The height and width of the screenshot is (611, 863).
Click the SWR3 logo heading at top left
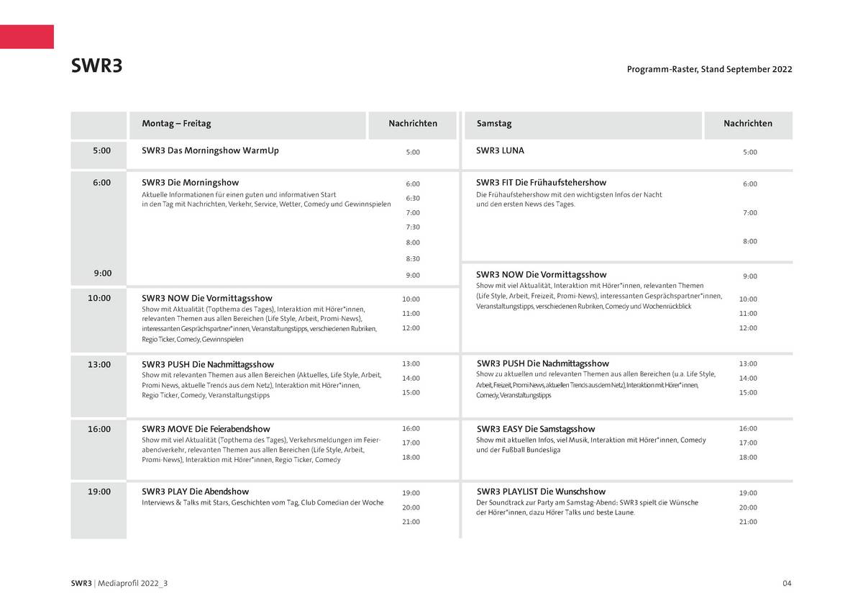[x=96, y=66]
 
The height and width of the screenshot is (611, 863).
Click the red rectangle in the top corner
[x=27, y=37]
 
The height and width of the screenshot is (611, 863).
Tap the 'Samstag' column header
[x=494, y=124]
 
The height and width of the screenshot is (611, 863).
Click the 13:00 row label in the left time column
[x=99, y=364]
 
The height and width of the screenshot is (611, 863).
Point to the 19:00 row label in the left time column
[x=99, y=492]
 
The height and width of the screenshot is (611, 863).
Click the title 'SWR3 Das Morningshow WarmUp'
[x=210, y=151]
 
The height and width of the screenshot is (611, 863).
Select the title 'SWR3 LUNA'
[x=500, y=151]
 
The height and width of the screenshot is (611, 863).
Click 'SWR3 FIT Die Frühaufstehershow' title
[x=541, y=183]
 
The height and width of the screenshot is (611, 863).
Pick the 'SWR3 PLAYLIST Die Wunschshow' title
[x=541, y=492]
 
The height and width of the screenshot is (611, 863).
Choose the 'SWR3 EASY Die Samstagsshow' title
[x=536, y=429]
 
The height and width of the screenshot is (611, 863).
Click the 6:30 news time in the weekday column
[x=413, y=199]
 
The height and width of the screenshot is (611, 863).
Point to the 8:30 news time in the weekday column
[x=413, y=259]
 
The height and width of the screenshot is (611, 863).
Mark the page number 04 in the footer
[x=787, y=583]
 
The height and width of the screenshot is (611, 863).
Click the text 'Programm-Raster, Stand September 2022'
[x=709, y=70]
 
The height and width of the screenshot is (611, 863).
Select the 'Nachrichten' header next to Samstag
[x=748, y=124]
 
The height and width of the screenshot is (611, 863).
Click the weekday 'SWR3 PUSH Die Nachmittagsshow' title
[x=208, y=364]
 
